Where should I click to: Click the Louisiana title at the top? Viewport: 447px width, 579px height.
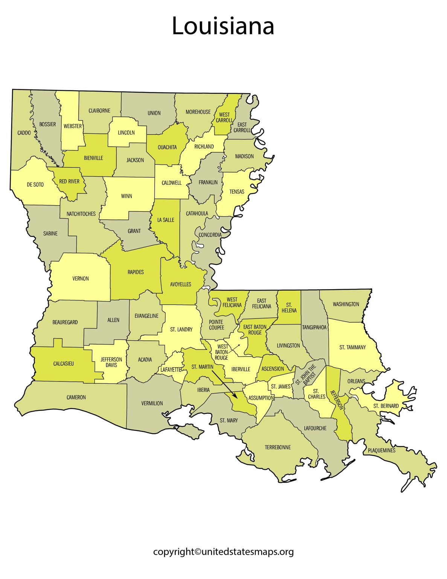pos(223,26)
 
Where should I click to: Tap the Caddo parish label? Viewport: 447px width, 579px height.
pos(24,133)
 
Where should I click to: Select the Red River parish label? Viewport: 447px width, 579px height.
pos(69,181)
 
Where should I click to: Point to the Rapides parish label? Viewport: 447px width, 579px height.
pos(136,272)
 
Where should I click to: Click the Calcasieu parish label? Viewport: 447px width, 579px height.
pos(64,364)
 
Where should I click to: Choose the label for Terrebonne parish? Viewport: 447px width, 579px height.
pos(278,447)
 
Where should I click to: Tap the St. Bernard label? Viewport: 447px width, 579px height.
pos(386,406)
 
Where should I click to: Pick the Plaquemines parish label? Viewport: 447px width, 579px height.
pos(381,450)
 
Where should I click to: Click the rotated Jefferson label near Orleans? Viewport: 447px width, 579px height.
pos(337,400)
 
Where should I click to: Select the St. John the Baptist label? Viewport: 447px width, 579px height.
pos(305,375)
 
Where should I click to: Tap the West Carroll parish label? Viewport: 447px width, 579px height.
pos(224,117)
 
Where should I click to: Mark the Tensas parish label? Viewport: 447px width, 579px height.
pos(237,191)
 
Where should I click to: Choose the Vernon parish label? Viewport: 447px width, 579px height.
pos(81,279)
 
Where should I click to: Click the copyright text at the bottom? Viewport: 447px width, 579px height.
pos(223,552)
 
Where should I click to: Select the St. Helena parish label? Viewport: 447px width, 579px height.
pos(289,308)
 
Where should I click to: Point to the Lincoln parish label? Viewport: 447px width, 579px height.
pos(126,132)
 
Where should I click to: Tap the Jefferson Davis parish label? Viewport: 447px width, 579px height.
pos(111,362)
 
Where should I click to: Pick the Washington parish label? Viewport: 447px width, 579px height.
pos(346,304)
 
